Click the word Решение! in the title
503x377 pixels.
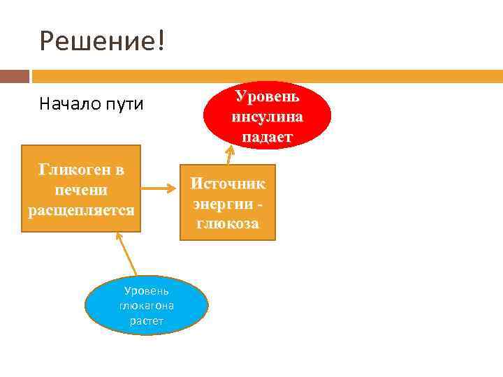(103, 42)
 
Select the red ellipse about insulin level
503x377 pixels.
(268, 116)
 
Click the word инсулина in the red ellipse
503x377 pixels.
(268, 116)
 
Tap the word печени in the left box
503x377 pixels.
(81, 190)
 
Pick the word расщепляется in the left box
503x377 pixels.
(81, 209)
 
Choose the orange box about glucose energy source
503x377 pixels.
(228, 202)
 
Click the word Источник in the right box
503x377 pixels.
(228, 184)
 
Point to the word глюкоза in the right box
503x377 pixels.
(228, 224)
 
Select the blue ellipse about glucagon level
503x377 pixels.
(147, 306)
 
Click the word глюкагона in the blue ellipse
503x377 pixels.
(147, 306)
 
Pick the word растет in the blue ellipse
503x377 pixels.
(147, 321)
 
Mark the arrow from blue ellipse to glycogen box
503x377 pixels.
(127, 256)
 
